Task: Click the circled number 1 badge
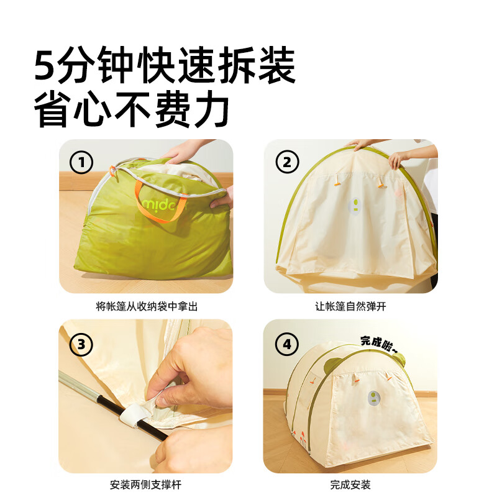(81, 163)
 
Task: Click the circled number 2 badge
(286, 163)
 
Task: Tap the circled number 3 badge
(81, 344)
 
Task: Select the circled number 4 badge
(286, 344)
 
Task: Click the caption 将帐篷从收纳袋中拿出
(146, 306)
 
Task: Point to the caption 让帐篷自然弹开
(350, 306)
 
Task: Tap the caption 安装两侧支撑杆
(146, 485)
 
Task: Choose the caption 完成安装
(350, 485)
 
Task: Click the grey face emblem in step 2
(355, 206)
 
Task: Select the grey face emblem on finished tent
(375, 398)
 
